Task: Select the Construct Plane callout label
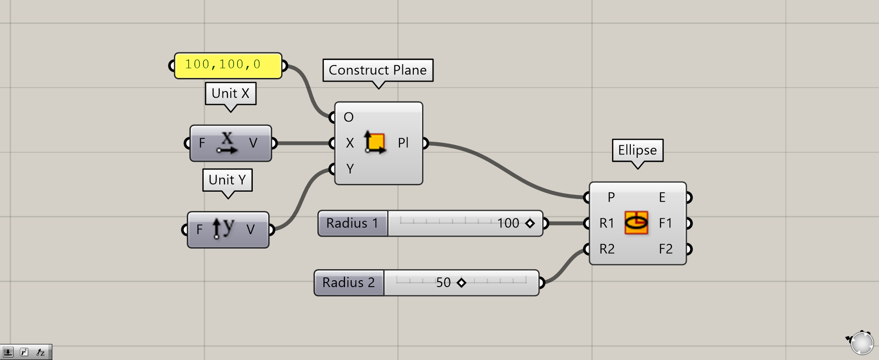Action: (x=378, y=70)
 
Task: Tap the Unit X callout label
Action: (x=230, y=94)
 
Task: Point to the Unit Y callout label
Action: (x=227, y=180)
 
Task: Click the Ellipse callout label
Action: (x=637, y=150)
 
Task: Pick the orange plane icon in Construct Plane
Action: (x=375, y=143)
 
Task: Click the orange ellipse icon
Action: (x=636, y=223)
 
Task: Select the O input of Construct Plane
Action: (x=348, y=117)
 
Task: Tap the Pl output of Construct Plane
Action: (x=403, y=143)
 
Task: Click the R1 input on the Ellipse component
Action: (x=606, y=223)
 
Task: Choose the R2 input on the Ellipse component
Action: (x=606, y=249)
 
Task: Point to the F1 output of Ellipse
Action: (x=665, y=223)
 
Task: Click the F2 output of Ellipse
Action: (x=665, y=249)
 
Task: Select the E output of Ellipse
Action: (x=662, y=197)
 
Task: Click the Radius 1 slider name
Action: (x=352, y=223)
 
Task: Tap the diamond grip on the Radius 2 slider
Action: (x=462, y=282)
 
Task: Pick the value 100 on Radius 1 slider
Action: (x=508, y=223)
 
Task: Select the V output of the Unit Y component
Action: (x=250, y=229)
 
